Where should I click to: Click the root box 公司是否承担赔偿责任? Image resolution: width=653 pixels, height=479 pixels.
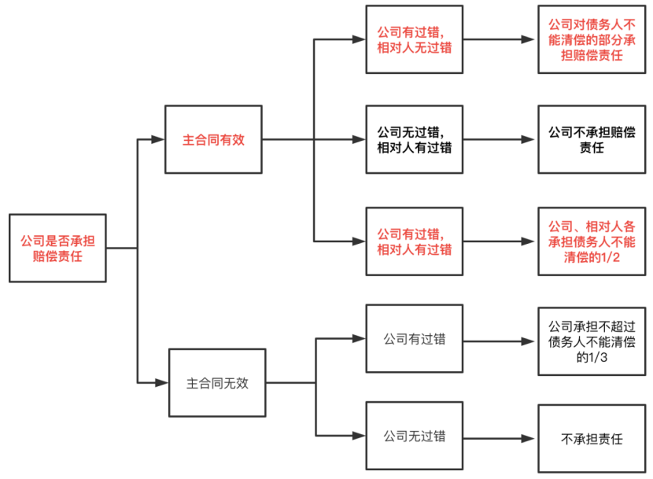tap(57, 249)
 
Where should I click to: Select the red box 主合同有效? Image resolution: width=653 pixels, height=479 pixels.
tap(214, 139)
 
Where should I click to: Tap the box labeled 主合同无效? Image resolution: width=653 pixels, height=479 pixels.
tap(217, 383)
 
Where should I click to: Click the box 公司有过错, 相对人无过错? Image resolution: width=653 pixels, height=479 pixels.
tap(415, 39)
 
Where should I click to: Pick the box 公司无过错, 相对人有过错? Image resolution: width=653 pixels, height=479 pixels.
tap(415, 139)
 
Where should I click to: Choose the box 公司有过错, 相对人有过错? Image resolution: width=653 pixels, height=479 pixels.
tap(415, 241)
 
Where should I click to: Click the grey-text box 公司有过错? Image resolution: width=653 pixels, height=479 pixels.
tap(415, 339)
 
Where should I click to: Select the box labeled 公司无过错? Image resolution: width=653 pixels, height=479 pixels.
tap(415, 436)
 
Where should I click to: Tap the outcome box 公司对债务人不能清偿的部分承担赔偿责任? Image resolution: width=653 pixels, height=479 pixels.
tap(592, 39)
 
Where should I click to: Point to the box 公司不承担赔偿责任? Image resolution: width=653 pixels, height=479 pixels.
tap(592, 139)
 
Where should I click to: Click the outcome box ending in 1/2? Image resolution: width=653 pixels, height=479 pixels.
tap(592, 241)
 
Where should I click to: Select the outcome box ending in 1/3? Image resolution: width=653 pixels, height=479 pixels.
tap(592, 341)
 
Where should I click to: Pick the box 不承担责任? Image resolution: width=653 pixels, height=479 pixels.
tap(592, 439)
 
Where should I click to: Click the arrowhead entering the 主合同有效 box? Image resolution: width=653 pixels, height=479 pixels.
tap(158, 139)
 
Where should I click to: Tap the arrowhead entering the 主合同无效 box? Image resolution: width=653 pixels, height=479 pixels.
tap(161, 383)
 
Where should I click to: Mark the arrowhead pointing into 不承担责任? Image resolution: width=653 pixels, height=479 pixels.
tap(528, 439)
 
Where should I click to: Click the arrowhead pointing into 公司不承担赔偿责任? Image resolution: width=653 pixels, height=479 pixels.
tap(528, 139)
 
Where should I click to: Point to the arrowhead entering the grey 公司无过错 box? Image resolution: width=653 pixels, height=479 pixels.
tap(359, 436)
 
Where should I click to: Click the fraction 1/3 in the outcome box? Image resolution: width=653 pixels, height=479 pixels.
tap(598, 357)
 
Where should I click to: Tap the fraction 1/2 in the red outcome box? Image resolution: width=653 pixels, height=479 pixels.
tap(610, 257)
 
